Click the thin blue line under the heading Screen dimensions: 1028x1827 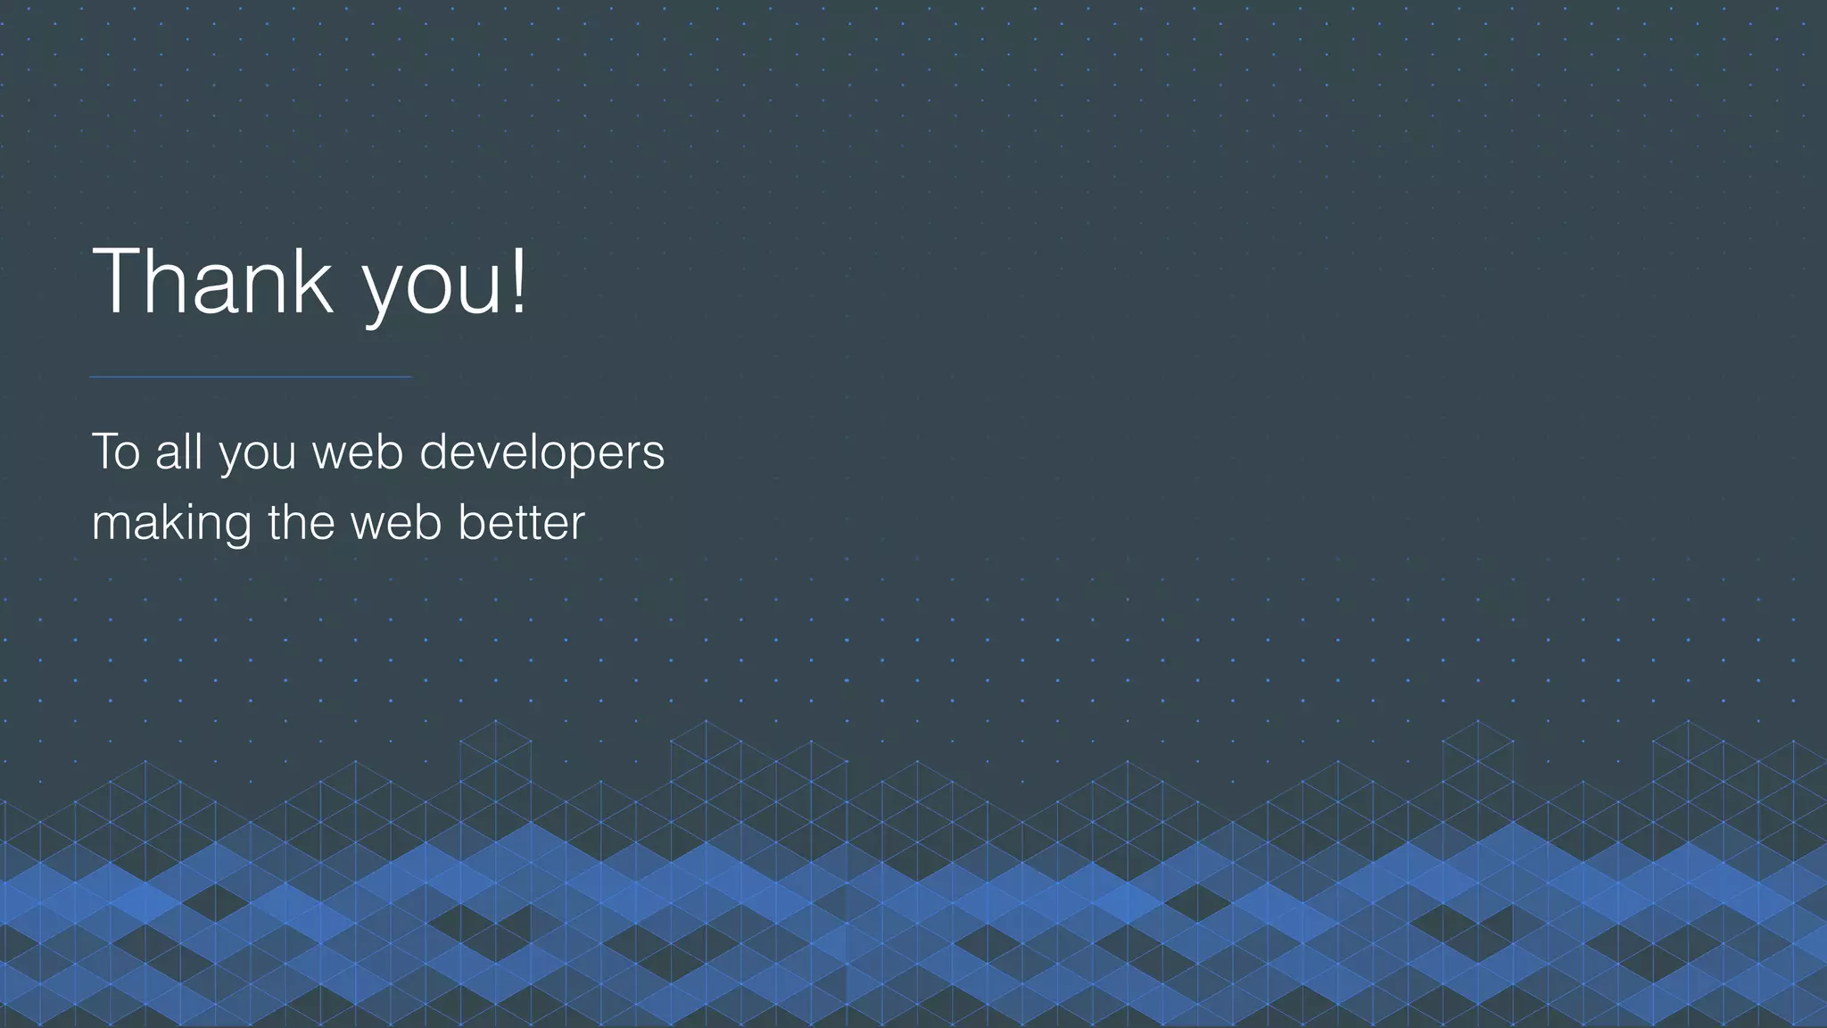[x=250, y=377]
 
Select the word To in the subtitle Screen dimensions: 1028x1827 [x=116, y=452]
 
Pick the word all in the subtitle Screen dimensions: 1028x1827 [x=179, y=452]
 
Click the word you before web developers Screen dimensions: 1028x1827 [x=258, y=455]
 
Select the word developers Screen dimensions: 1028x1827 [x=541, y=453]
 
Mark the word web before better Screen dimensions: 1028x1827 [x=396, y=522]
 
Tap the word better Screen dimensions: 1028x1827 [x=521, y=522]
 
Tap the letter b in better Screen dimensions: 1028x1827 [x=470, y=522]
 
